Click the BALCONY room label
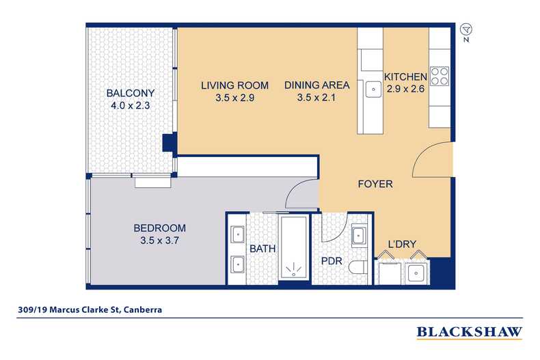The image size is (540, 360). click(130, 93)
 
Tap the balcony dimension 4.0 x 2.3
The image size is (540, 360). click(130, 106)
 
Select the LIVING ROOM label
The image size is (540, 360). click(234, 85)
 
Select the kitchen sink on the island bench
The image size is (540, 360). click(373, 87)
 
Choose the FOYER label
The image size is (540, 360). click(375, 184)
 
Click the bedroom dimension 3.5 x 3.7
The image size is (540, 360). click(159, 241)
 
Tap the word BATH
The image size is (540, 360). click(262, 249)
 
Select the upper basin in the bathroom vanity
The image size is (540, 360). click(237, 234)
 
